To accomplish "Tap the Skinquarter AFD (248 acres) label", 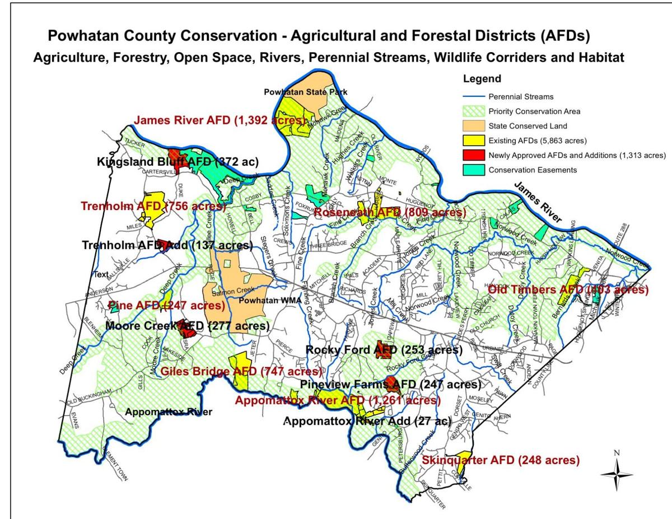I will tap(500, 460).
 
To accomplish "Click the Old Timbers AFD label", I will tap(568, 290).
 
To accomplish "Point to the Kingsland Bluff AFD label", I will tap(178, 162).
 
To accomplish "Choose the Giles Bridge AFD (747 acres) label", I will tap(241, 371).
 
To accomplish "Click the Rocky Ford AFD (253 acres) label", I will tap(384, 350).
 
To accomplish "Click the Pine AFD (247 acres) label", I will tap(166, 305).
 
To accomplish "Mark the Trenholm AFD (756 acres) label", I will tap(153, 206).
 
